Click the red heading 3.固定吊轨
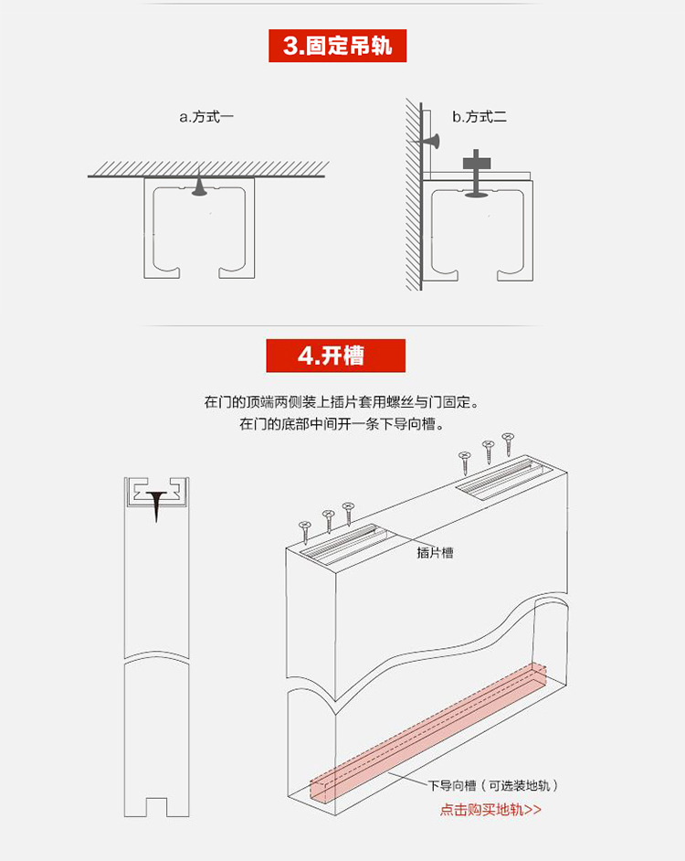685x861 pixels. [x=337, y=46]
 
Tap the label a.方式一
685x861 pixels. [x=206, y=117]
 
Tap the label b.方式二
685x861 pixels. [x=479, y=117]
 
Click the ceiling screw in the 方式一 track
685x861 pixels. [x=199, y=184]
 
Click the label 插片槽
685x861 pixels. [x=435, y=552]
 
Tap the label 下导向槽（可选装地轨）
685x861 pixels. [x=493, y=785]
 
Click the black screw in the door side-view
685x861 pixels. [x=156, y=504]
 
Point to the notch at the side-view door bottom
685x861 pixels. [x=156, y=806]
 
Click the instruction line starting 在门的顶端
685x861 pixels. [x=342, y=401]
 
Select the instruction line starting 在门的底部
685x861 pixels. [x=342, y=424]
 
